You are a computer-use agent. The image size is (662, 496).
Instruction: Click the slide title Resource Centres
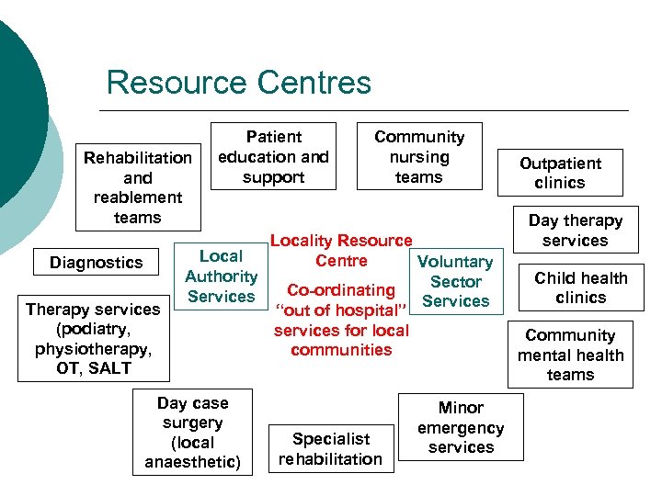pos(238,83)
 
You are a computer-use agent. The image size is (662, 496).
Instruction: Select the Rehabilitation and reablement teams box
pos(138,187)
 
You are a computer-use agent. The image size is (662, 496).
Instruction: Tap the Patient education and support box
pos(273,156)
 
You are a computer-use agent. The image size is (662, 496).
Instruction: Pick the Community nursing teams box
pos(418,156)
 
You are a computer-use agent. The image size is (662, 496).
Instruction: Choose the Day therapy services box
pos(575,231)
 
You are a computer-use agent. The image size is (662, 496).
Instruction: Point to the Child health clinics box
pos(581,287)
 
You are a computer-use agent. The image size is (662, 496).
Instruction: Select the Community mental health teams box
pos(570,355)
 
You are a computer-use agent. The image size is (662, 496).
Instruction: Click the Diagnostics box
pos(97,263)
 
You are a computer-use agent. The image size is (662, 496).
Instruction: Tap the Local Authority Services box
pos(221,276)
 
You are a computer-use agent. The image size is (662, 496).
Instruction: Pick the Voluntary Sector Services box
pos(455,281)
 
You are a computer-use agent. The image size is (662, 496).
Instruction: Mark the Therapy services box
pos(95,338)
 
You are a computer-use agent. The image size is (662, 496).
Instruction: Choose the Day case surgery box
pos(192,432)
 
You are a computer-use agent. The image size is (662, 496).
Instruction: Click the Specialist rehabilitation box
pos(330,449)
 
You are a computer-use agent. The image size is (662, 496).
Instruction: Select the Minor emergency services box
pos(461,427)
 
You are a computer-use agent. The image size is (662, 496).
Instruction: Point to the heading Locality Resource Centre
pos(341,250)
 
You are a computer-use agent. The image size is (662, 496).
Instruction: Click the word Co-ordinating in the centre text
pos(341,290)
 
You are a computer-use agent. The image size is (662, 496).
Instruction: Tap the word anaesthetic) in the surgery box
pos(192,462)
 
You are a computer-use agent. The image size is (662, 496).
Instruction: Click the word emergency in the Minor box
pos(461,428)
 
